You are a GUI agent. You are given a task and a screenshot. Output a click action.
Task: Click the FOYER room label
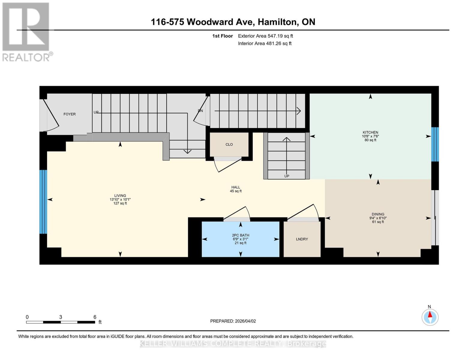tap(70, 114)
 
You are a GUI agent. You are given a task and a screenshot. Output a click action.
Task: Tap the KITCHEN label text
tap(370, 132)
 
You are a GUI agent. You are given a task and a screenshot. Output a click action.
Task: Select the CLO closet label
tap(229, 145)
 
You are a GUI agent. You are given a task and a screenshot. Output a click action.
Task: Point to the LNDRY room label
tap(302, 239)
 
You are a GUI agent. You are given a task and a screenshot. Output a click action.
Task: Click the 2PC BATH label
tap(240, 235)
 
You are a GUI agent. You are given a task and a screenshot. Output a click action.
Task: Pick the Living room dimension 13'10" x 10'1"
tap(120, 199)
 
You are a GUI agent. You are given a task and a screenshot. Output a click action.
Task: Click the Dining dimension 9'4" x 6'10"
tap(378, 218)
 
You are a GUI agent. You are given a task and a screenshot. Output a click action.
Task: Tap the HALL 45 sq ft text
tap(236, 189)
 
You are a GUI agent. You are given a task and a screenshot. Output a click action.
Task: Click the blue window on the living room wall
tap(43, 202)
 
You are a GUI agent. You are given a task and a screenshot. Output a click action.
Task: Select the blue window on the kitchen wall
tap(435, 144)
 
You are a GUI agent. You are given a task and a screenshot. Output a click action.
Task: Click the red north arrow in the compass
tap(430, 314)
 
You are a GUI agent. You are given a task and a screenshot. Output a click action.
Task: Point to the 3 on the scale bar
tap(61, 317)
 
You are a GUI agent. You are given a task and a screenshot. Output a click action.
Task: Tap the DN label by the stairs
tap(200, 111)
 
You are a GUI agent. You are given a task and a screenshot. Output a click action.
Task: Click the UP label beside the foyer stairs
tap(96, 112)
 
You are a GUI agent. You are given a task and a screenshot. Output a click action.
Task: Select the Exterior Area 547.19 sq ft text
tap(265, 36)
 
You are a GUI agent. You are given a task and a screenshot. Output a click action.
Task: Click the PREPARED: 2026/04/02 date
tap(233, 321)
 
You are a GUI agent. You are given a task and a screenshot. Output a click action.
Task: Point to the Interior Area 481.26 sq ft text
tap(265, 43)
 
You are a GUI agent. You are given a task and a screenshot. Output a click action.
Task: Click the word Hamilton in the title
tap(278, 22)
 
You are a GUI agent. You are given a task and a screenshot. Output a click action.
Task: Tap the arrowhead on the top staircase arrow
tap(299, 111)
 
